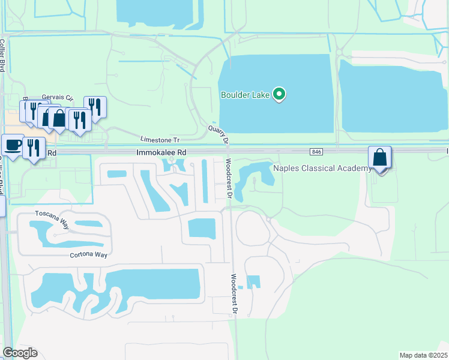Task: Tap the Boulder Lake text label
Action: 246,95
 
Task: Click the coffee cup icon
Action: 12,145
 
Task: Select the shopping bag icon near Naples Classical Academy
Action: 379,158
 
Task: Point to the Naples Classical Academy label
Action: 322,168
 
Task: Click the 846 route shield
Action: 318,152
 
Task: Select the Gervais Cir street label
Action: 58,98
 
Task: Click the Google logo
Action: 20,353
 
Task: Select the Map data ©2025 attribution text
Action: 424,355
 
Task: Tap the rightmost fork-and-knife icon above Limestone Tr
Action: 95,107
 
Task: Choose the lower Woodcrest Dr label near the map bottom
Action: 234,295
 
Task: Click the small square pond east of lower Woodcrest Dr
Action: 254,281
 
